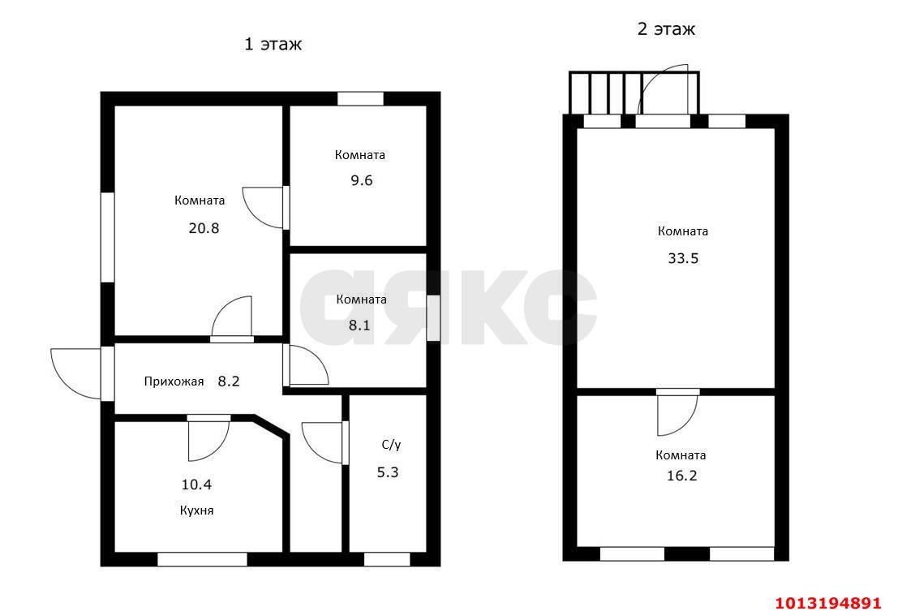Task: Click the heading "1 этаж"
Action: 273,44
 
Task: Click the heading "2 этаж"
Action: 666,28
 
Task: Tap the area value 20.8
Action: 204,228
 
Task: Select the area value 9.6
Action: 361,180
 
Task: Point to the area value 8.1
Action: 359,325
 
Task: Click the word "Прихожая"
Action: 174,381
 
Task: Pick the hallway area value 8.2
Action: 229,381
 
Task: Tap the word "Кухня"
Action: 196,510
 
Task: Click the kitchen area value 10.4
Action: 196,485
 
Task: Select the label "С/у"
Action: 391,445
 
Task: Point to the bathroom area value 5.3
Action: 387,472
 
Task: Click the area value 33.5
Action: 683,258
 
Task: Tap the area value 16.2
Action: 682,476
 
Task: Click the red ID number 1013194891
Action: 828,603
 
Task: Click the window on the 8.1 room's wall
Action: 433,319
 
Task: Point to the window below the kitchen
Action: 202,559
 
